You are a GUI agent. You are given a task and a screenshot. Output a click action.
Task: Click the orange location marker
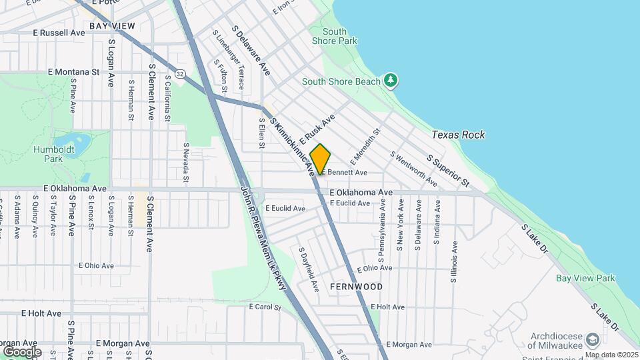coord(321,159)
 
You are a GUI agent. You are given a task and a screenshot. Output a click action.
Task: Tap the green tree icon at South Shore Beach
coord(391,81)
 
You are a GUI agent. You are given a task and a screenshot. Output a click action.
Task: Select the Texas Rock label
coord(458,135)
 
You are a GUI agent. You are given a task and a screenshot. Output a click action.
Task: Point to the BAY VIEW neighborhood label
coord(112,26)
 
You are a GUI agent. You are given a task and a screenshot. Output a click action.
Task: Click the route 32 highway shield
coord(180,71)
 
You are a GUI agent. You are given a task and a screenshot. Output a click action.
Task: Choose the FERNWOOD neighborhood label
coord(356,287)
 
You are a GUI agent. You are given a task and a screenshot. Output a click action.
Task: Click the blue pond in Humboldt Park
coord(81,142)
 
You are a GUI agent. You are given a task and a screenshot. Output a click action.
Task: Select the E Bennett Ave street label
coord(345,173)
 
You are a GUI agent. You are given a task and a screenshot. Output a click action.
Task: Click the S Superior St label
coord(449,171)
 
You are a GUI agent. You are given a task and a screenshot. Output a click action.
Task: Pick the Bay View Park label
coord(586,278)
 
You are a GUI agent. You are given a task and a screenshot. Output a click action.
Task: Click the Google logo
coord(22,351)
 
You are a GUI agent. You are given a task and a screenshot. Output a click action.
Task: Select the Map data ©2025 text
coord(612,355)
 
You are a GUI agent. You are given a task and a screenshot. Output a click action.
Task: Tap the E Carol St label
coord(265,307)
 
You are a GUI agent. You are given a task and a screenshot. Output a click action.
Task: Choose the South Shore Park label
coord(340,36)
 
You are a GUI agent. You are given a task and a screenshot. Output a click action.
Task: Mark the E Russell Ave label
coord(59,32)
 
